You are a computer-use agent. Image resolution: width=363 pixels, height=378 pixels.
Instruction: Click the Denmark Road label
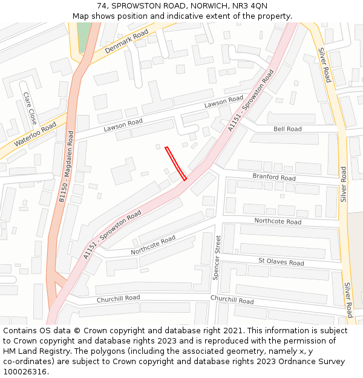point(126,42)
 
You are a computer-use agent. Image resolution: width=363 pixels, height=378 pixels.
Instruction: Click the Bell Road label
point(287,129)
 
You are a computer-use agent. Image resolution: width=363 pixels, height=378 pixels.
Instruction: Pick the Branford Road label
point(274,178)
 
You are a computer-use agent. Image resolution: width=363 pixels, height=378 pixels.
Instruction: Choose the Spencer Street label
point(217,257)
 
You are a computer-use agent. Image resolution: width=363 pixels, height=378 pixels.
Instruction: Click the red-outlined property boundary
point(175,163)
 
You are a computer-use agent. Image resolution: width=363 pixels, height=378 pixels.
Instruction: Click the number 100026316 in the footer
point(25,371)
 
